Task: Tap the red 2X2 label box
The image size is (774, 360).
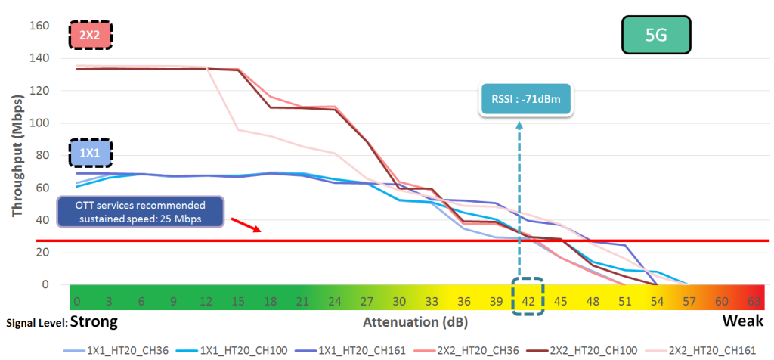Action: click(x=90, y=34)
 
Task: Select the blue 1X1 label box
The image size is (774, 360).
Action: click(x=90, y=153)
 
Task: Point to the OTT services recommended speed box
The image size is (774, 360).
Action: click(x=141, y=212)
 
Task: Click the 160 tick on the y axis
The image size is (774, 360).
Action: click(x=39, y=26)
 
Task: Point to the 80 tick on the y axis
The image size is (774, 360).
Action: click(x=42, y=155)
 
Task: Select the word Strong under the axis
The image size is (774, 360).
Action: click(x=93, y=321)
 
